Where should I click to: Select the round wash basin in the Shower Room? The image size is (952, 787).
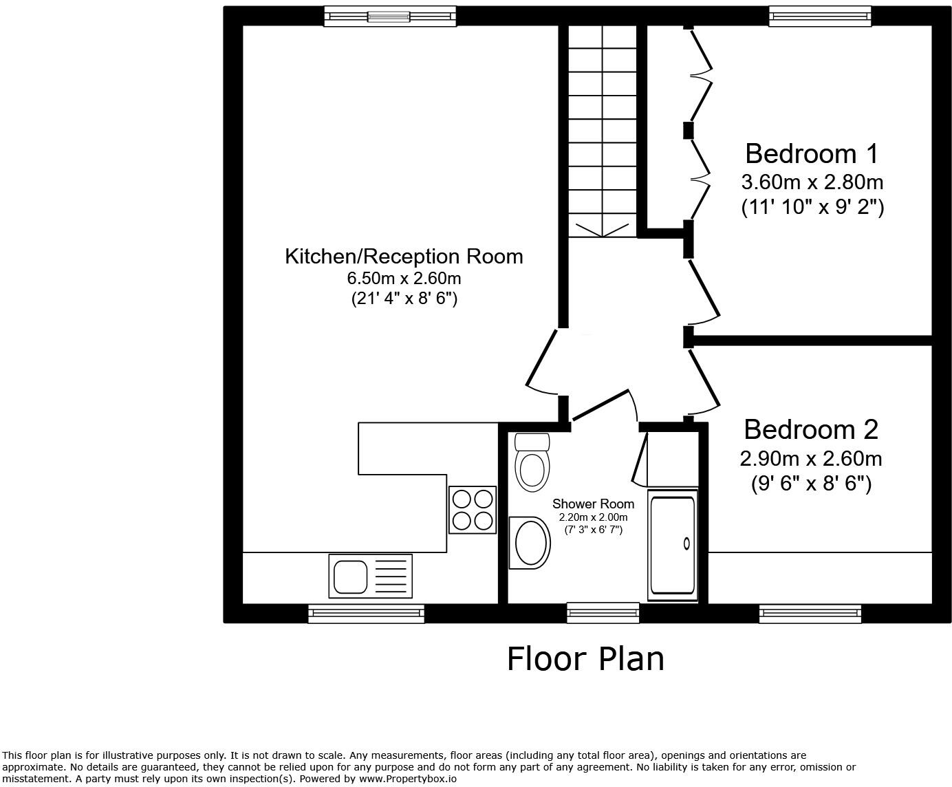(x=530, y=543)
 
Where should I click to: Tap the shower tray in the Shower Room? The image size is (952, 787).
(x=672, y=544)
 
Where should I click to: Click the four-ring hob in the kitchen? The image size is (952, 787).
(x=473, y=510)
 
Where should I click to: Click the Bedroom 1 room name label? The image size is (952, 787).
(x=812, y=153)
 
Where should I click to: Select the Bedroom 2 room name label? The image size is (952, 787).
(x=811, y=429)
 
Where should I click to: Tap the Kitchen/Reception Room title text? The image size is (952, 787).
(x=404, y=257)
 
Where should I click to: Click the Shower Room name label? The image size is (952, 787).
(x=593, y=504)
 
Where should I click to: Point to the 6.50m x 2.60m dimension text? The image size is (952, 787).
(x=404, y=279)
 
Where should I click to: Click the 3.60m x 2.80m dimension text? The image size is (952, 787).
(x=812, y=182)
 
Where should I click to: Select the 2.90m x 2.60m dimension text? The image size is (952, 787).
(x=811, y=458)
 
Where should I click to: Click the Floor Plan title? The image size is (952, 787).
(x=585, y=658)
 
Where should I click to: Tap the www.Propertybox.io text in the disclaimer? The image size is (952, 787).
(x=407, y=779)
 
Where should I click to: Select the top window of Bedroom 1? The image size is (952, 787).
(x=820, y=16)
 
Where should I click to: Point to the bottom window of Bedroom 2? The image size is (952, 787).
(x=810, y=613)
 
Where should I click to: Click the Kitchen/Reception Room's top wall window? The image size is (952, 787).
(x=389, y=16)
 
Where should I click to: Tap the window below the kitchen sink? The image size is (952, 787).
(x=366, y=613)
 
